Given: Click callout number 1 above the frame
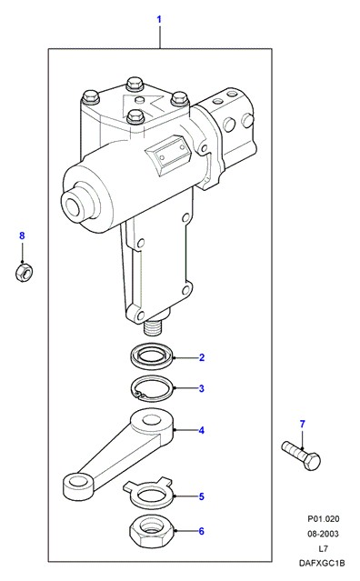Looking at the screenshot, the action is click(x=159, y=19).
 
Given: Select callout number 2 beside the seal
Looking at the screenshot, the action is click(x=202, y=357).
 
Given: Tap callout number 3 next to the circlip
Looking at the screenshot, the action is click(x=202, y=388).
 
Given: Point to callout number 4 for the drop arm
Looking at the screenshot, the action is click(x=202, y=430).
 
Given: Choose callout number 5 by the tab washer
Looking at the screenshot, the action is click(x=202, y=496).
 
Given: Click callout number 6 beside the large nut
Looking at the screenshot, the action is click(x=202, y=531).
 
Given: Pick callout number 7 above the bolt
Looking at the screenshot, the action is click(x=303, y=424).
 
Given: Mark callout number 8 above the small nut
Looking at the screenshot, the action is click(x=22, y=235).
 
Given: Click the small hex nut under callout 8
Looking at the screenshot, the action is click(x=24, y=272).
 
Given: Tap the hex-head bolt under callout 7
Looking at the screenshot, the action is click(x=301, y=456).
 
